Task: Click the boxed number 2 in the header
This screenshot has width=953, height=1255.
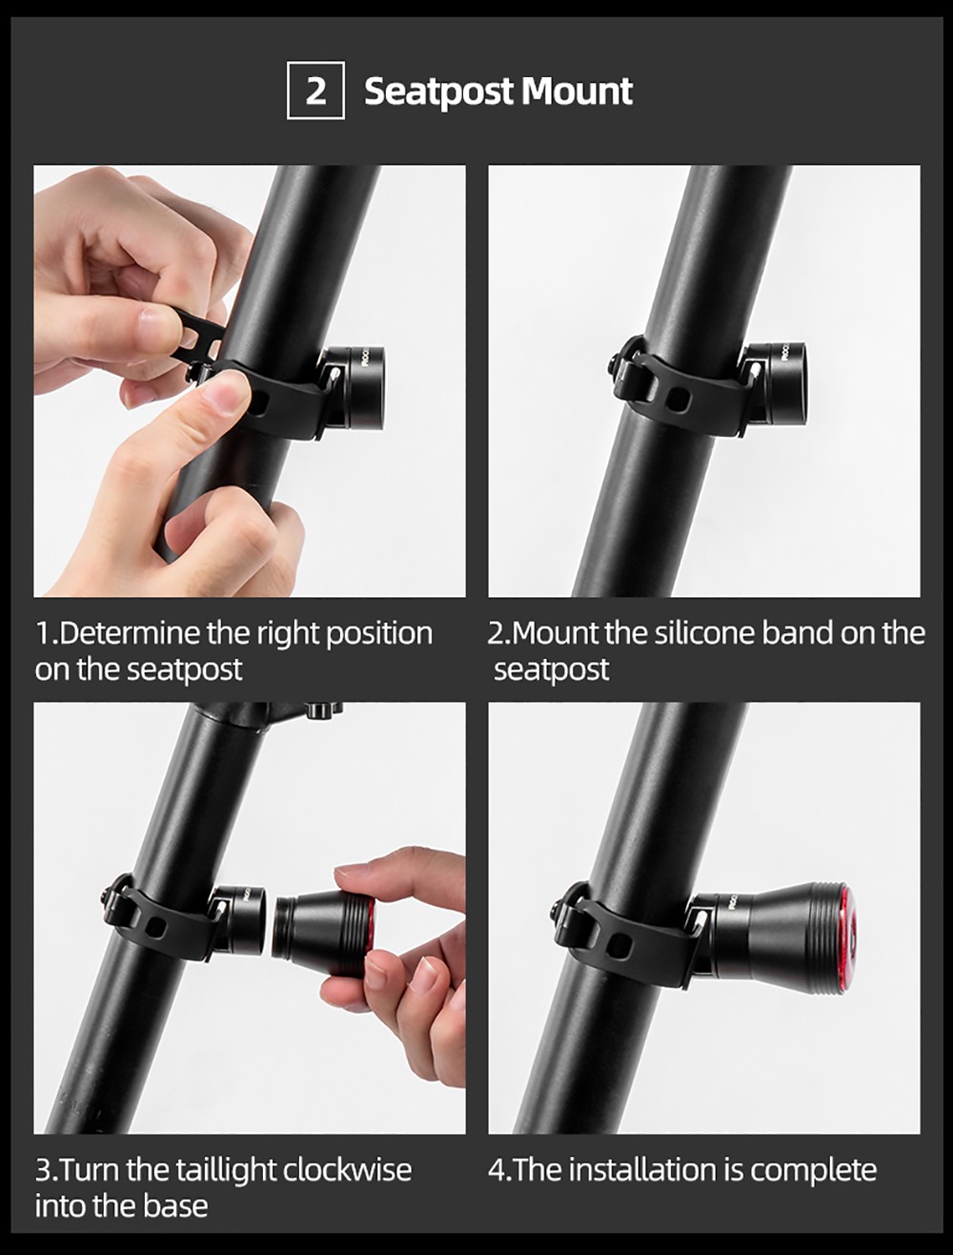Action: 315,92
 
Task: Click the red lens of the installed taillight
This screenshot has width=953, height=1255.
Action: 846,933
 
